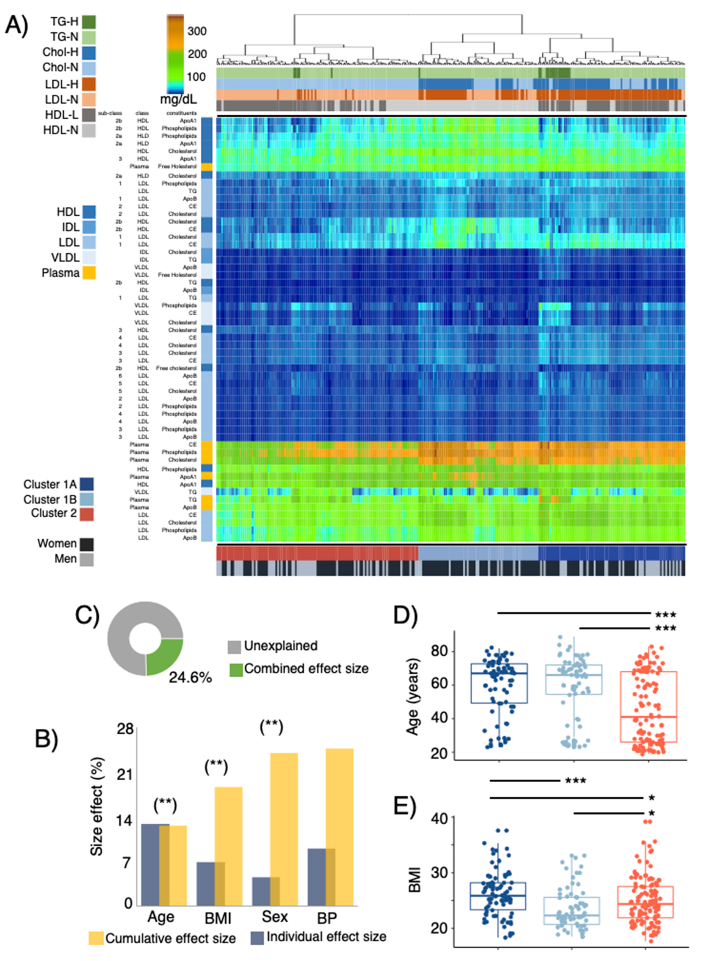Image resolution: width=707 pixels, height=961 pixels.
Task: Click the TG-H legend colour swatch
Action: pos(89,22)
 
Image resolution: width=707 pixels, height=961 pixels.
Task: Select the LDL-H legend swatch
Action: pos(89,84)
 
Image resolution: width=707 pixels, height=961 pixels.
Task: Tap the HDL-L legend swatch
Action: pos(89,115)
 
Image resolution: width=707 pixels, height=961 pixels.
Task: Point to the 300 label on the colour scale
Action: pos(197,31)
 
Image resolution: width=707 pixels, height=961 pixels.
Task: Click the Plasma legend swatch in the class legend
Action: pos(89,273)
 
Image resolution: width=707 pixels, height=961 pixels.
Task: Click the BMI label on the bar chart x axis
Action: pos(218,918)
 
